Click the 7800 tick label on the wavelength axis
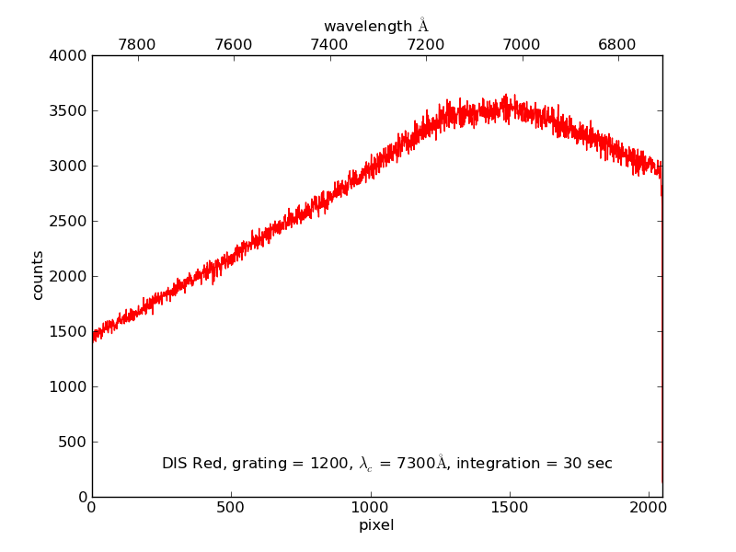(x=137, y=44)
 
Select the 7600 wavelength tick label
(x=233, y=44)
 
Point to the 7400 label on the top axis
(x=329, y=44)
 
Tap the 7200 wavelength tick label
(x=426, y=44)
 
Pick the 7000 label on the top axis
(x=522, y=44)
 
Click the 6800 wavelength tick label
(x=617, y=44)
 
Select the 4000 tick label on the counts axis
(x=70, y=56)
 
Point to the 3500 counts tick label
(x=70, y=111)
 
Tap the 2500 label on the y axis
(x=70, y=222)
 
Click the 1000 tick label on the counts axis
(x=70, y=387)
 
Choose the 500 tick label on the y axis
(x=74, y=443)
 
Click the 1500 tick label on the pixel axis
(x=509, y=507)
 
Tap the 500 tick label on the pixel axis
(x=231, y=507)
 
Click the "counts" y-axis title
(x=38, y=276)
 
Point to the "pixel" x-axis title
(x=376, y=525)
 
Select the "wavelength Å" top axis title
(x=376, y=26)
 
